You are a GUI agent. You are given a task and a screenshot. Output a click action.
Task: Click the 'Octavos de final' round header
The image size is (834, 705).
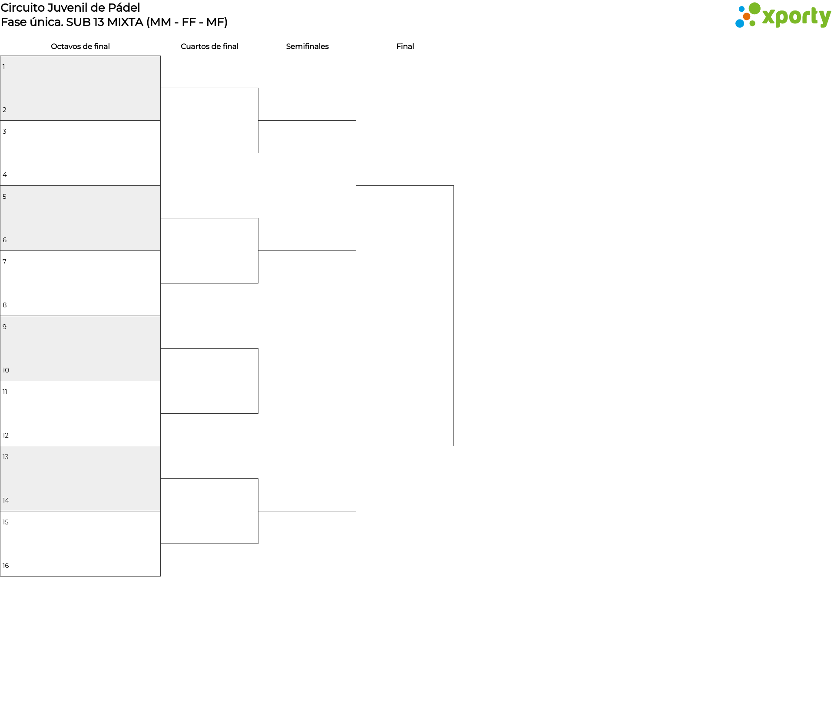(x=80, y=46)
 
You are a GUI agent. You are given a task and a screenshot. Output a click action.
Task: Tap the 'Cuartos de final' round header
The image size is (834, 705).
(x=209, y=46)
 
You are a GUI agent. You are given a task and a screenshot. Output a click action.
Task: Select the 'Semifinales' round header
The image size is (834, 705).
(x=307, y=46)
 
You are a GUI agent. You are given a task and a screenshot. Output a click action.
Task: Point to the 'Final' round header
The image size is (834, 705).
(x=405, y=46)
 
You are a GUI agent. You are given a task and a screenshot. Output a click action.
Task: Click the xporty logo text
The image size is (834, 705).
(x=797, y=17)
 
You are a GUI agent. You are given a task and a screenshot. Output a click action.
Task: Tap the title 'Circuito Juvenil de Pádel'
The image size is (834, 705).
(x=70, y=8)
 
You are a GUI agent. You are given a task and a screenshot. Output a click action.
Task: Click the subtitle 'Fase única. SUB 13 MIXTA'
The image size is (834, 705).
(x=72, y=22)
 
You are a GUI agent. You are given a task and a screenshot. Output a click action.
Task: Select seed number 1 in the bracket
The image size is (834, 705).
(x=4, y=67)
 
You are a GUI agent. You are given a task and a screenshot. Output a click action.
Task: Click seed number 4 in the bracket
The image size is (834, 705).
(x=5, y=175)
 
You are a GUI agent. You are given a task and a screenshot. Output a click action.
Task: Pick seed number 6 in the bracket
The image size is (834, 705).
(x=5, y=240)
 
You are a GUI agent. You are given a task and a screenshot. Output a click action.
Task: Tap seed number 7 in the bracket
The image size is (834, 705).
(x=5, y=262)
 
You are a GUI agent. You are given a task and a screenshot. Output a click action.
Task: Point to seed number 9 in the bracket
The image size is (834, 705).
(x=5, y=327)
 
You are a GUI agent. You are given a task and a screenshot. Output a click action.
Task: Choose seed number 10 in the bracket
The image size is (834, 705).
(x=6, y=370)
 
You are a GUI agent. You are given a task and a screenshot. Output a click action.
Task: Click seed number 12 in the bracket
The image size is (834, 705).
(x=6, y=435)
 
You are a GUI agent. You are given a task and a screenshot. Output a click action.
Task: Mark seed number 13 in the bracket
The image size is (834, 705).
(x=6, y=457)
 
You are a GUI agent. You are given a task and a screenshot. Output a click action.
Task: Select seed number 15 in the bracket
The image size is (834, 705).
(x=6, y=522)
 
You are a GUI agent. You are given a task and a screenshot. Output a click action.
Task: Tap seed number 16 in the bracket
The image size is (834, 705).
(x=6, y=566)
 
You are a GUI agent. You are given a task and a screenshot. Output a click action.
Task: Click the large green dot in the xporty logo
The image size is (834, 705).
(x=755, y=9)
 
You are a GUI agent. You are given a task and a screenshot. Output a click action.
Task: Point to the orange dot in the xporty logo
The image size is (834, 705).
(x=747, y=16)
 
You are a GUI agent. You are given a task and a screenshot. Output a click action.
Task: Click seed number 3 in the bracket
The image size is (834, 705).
(x=5, y=132)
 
